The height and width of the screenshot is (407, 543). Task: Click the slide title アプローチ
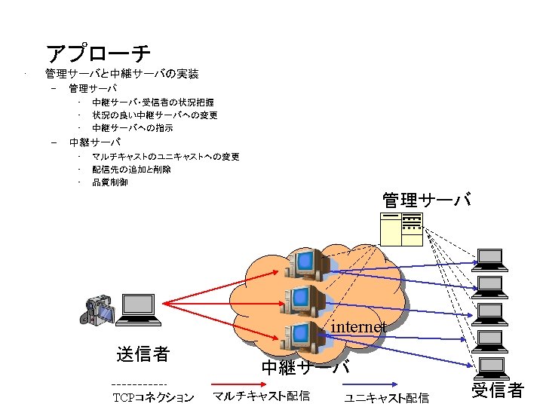click(x=98, y=54)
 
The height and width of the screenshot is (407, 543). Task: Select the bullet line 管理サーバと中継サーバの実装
click(x=122, y=74)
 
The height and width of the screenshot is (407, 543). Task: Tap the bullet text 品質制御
click(x=110, y=182)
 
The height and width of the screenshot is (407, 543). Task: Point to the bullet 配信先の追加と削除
click(x=131, y=170)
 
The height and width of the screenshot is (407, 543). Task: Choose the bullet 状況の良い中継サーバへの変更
click(x=155, y=115)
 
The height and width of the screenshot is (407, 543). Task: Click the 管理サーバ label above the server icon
click(x=427, y=200)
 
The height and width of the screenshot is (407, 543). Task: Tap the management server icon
click(x=401, y=229)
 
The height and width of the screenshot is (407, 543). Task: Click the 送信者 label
click(x=143, y=353)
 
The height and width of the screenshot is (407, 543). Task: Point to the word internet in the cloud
click(x=359, y=327)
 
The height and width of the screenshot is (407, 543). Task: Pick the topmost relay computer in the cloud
click(x=309, y=263)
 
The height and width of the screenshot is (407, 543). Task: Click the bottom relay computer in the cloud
click(x=303, y=336)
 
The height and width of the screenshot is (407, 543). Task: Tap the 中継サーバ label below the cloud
click(x=305, y=368)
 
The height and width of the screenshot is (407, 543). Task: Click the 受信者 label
click(x=497, y=390)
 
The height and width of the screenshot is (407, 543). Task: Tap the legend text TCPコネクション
click(x=153, y=397)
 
